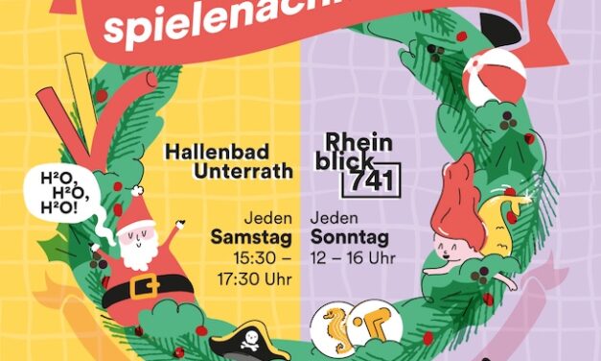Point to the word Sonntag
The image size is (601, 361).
[x=349, y=237]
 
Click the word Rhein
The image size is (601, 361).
[x=358, y=140]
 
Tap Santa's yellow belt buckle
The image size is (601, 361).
[x=145, y=287]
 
